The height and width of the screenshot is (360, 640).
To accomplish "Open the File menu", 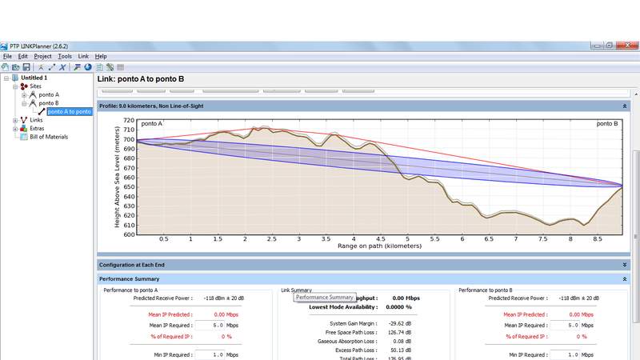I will tap(7, 56).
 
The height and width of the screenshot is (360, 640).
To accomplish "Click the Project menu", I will tap(42, 56).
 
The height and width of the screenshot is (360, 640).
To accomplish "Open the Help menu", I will tap(101, 56).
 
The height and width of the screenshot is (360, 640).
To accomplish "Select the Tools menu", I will tap(65, 56).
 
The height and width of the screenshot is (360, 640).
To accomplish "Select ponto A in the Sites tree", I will tap(49, 94).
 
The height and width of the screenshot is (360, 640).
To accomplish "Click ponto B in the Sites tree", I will tap(49, 103).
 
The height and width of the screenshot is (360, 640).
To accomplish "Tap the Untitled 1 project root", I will tap(34, 78).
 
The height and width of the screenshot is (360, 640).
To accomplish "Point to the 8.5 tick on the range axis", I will tap(598, 238).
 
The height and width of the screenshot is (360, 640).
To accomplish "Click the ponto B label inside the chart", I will tap(608, 124).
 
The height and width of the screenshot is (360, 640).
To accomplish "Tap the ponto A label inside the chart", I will tap(152, 124).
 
